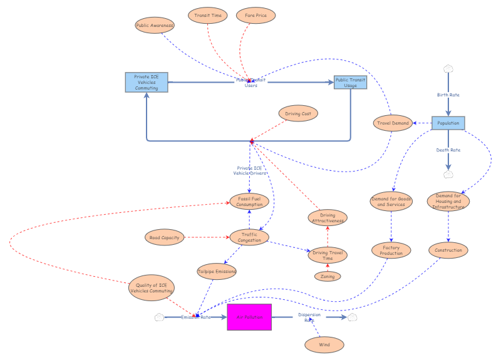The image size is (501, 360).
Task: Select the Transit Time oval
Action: pyautogui.click(x=208, y=15)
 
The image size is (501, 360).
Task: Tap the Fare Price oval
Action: pyautogui.click(x=256, y=15)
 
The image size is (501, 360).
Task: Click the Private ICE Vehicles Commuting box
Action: pyautogui.click(x=146, y=83)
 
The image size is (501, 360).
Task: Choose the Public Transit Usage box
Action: pyautogui.click(x=350, y=83)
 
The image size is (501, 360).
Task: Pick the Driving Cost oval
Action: pyautogui.click(x=299, y=113)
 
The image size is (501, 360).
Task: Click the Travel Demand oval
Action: pyautogui.click(x=393, y=123)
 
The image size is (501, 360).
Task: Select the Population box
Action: pyautogui.click(x=448, y=123)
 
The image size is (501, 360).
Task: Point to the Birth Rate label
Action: pyautogui.click(x=448, y=95)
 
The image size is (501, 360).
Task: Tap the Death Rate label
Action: pyautogui.click(x=448, y=150)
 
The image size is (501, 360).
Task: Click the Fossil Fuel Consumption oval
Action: pyautogui.click(x=249, y=201)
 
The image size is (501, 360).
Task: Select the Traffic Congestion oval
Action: pyautogui.click(x=249, y=237)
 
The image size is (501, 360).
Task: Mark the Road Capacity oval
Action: pyautogui.click(x=164, y=237)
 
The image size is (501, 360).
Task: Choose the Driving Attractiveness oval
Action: pyautogui.click(x=328, y=217)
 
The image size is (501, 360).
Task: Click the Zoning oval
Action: pyautogui.click(x=328, y=276)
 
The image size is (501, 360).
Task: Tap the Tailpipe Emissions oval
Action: pyautogui.click(x=217, y=271)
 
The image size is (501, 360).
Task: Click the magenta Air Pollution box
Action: pyautogui.click(x=249, y=317)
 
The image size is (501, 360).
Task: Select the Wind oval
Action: pyautogui.click(x=324, y=344)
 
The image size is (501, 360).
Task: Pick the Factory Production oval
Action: pyautogui.click(x=391, y=250)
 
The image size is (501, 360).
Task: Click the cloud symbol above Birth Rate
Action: pyautogui.click(x=448, y=68)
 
